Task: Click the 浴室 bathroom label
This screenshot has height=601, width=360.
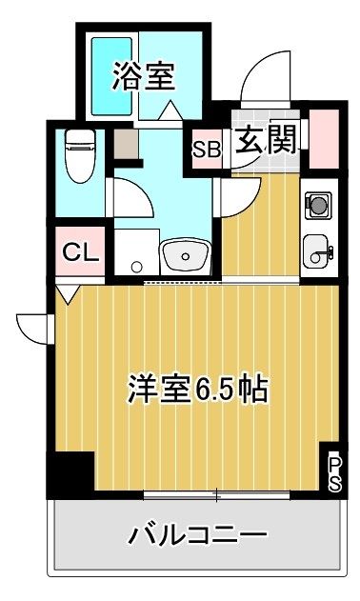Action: (144, 76)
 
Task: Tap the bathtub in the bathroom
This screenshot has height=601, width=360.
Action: (111, 76)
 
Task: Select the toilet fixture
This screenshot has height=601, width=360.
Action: (80, 156)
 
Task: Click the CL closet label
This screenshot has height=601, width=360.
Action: (80, 252)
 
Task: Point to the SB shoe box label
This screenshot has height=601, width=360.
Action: (207, 150)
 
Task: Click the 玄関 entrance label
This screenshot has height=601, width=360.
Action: (266, 139)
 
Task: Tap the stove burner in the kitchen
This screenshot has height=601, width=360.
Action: (318, 205)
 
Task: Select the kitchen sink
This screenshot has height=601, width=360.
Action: (318, 251)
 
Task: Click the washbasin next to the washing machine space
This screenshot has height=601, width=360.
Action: (185, 255)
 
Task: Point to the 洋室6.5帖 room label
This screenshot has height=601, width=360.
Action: (197, 389)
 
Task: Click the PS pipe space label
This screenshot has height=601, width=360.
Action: (334, 473)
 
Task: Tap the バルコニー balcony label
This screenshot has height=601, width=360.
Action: (197, 534)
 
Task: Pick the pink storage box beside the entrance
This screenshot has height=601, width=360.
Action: (324, 139)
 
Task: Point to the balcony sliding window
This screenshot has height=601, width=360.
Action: (216, 495)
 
